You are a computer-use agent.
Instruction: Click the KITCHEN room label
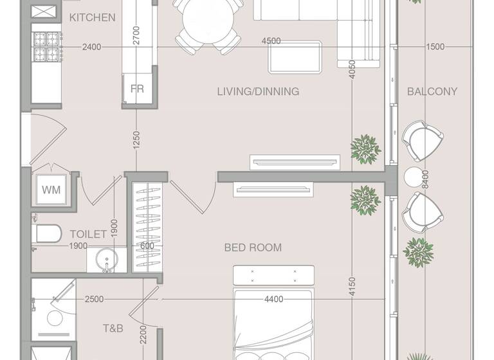click(x=92, y=17)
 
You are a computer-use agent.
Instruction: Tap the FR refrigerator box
click(x=137, y=89)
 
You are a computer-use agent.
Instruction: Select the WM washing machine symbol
click(x=51, y=190)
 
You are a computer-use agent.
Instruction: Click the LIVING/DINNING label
click(x=258, y=91)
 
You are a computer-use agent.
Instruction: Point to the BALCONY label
click(x=432, y=91)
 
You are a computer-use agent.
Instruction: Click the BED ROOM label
click(x=253, y=247)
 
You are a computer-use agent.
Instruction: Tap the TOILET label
click(x=88, y=234)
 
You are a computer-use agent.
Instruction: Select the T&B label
click(x=113, y=328)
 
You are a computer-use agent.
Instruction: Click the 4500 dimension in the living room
click(x=271, y=41)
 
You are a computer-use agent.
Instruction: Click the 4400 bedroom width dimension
click(x=274, y=299)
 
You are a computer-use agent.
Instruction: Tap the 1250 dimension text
click(x=136, y=140)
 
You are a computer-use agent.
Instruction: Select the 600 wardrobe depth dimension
click(x=147, y=246)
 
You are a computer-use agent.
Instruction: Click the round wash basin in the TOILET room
click(x=106, y=261)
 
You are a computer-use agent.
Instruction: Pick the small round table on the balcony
click(x=412, y=175)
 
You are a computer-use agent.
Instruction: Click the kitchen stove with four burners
click(x=46, y=46)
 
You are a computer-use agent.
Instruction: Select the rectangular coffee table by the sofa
click(x=295, y=57)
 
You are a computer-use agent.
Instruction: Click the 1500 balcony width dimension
click(x=435, y=47)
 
